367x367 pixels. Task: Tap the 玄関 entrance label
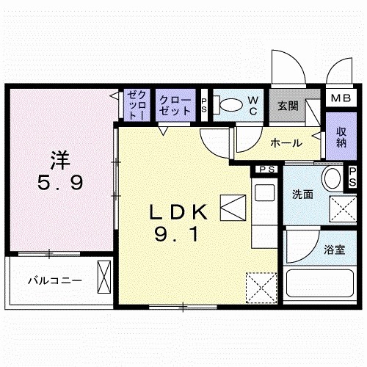pos(287,105)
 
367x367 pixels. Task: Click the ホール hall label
pos(283,142)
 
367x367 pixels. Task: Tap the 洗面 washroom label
pos(302,195)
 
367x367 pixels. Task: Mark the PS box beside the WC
pos(204,105)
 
